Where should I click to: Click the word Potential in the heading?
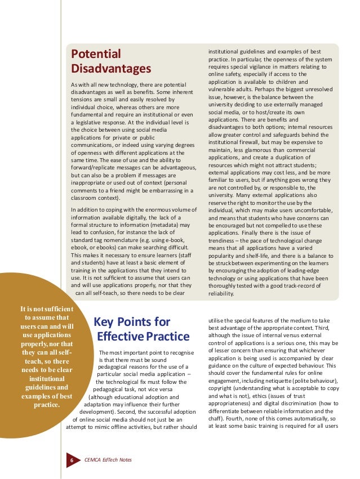click(x=96, y=55)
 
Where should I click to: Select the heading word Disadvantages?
click(x=111, y=69)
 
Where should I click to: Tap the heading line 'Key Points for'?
click(x=132, y=322)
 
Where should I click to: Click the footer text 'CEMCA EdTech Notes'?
click(x=108, y=460)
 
